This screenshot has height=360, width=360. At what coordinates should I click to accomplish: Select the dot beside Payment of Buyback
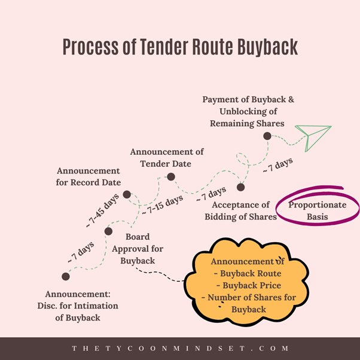coord(267,136)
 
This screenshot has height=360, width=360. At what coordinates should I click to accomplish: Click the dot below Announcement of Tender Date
coord(170,176)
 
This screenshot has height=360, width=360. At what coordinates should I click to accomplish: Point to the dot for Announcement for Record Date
coord(127,194)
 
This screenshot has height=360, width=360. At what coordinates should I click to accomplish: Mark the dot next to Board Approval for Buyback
coord(108,231)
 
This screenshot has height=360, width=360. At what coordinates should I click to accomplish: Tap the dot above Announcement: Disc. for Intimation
coord(66,276)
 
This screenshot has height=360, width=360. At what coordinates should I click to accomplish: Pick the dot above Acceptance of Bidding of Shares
coord(240,187)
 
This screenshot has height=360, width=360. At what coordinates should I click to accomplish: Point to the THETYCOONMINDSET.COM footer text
coord(180,348)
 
